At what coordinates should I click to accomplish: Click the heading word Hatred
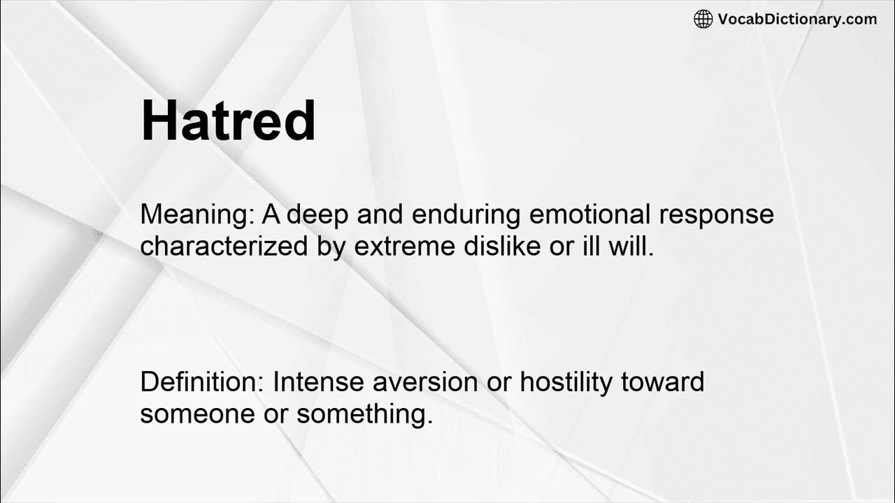(228, 122)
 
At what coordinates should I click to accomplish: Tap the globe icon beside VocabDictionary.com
(703, 20)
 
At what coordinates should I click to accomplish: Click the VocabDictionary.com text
(797, 20)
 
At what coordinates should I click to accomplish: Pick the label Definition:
(202, 382)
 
